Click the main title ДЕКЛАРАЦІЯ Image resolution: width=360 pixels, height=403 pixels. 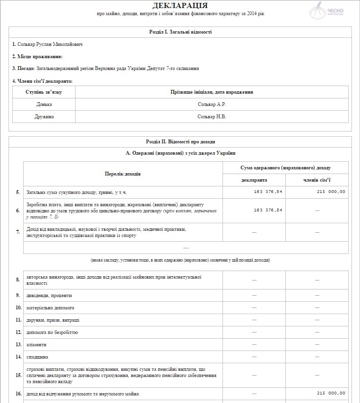(180, 6)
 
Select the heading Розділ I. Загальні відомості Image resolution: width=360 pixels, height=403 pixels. (180, 32)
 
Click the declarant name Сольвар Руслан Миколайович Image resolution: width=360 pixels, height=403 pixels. (45, 44)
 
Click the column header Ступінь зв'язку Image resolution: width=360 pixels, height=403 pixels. (44, 92)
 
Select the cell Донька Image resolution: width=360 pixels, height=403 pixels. (44, 104)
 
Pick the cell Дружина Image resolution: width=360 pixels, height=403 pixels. (44, 116)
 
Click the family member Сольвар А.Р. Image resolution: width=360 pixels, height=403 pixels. (212, 104)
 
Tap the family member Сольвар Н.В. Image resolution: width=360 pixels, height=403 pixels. (212, 116)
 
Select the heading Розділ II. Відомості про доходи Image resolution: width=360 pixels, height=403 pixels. (180, 141)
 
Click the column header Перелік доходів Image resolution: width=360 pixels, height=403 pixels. (122, 174)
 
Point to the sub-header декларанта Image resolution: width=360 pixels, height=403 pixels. (254, 180)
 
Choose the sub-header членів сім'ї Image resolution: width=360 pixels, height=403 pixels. (317, 180)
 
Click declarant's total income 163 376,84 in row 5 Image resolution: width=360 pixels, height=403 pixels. (268, 192)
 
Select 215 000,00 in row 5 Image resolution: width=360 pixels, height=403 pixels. (331, 192)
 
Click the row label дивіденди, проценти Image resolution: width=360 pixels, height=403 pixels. (49, 295)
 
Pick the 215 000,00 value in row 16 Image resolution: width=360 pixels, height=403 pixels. (331, 394)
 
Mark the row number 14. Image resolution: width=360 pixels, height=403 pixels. (18, 357)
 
